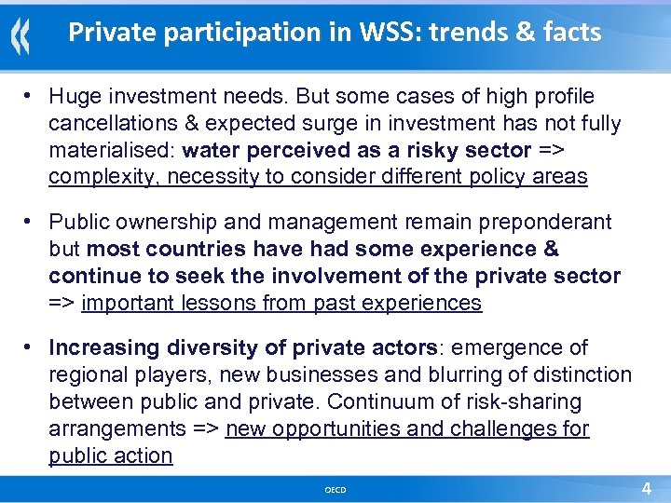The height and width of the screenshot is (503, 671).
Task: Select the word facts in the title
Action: (x=568, y=33)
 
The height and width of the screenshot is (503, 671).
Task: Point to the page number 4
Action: (x=646, y=488)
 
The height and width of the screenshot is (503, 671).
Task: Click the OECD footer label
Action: (x=335, y=489)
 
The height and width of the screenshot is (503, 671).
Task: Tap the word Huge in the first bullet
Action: (x=74, y=96)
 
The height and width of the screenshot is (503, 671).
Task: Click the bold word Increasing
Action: (x=104, y=347)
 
